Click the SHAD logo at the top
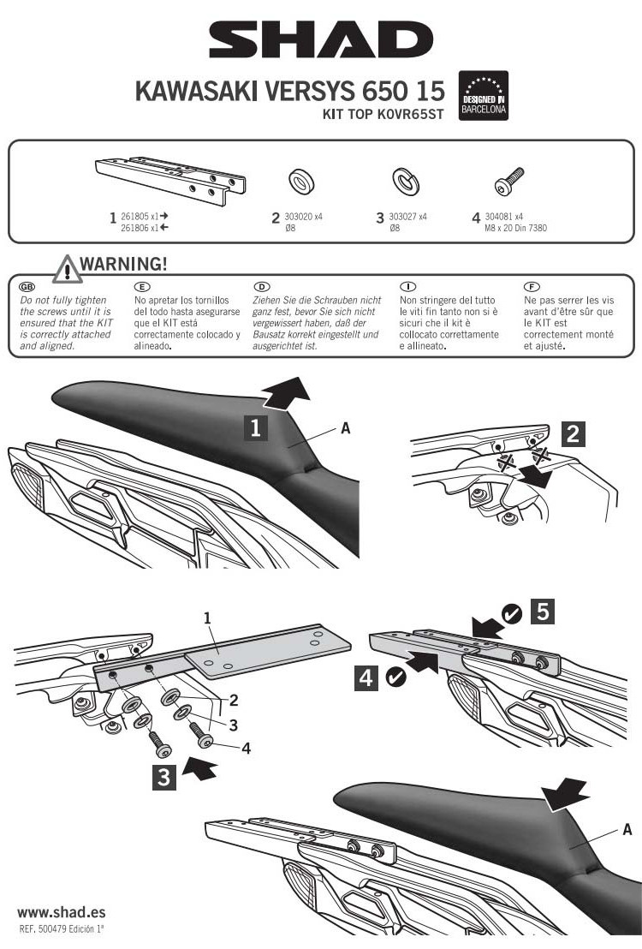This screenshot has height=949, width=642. [x=321, y=40]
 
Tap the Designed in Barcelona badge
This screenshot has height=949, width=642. [x=484, y=96]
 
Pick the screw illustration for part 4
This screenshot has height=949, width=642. [x=509, y=181]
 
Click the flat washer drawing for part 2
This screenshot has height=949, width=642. [x=299, y=181]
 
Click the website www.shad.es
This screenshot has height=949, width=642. [x=62, y=912]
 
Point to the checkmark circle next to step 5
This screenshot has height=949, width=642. [x=511, y=613]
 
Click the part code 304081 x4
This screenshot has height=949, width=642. [x=503, y=217]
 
